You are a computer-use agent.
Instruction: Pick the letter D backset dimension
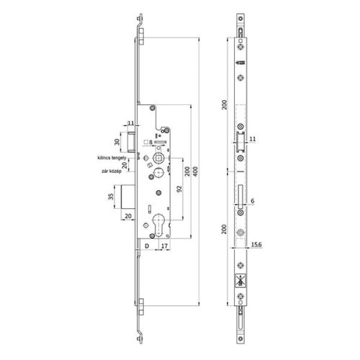(147, 246)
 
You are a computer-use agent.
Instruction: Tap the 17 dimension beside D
(164, 246)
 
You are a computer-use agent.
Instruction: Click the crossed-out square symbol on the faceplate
(239, 284)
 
